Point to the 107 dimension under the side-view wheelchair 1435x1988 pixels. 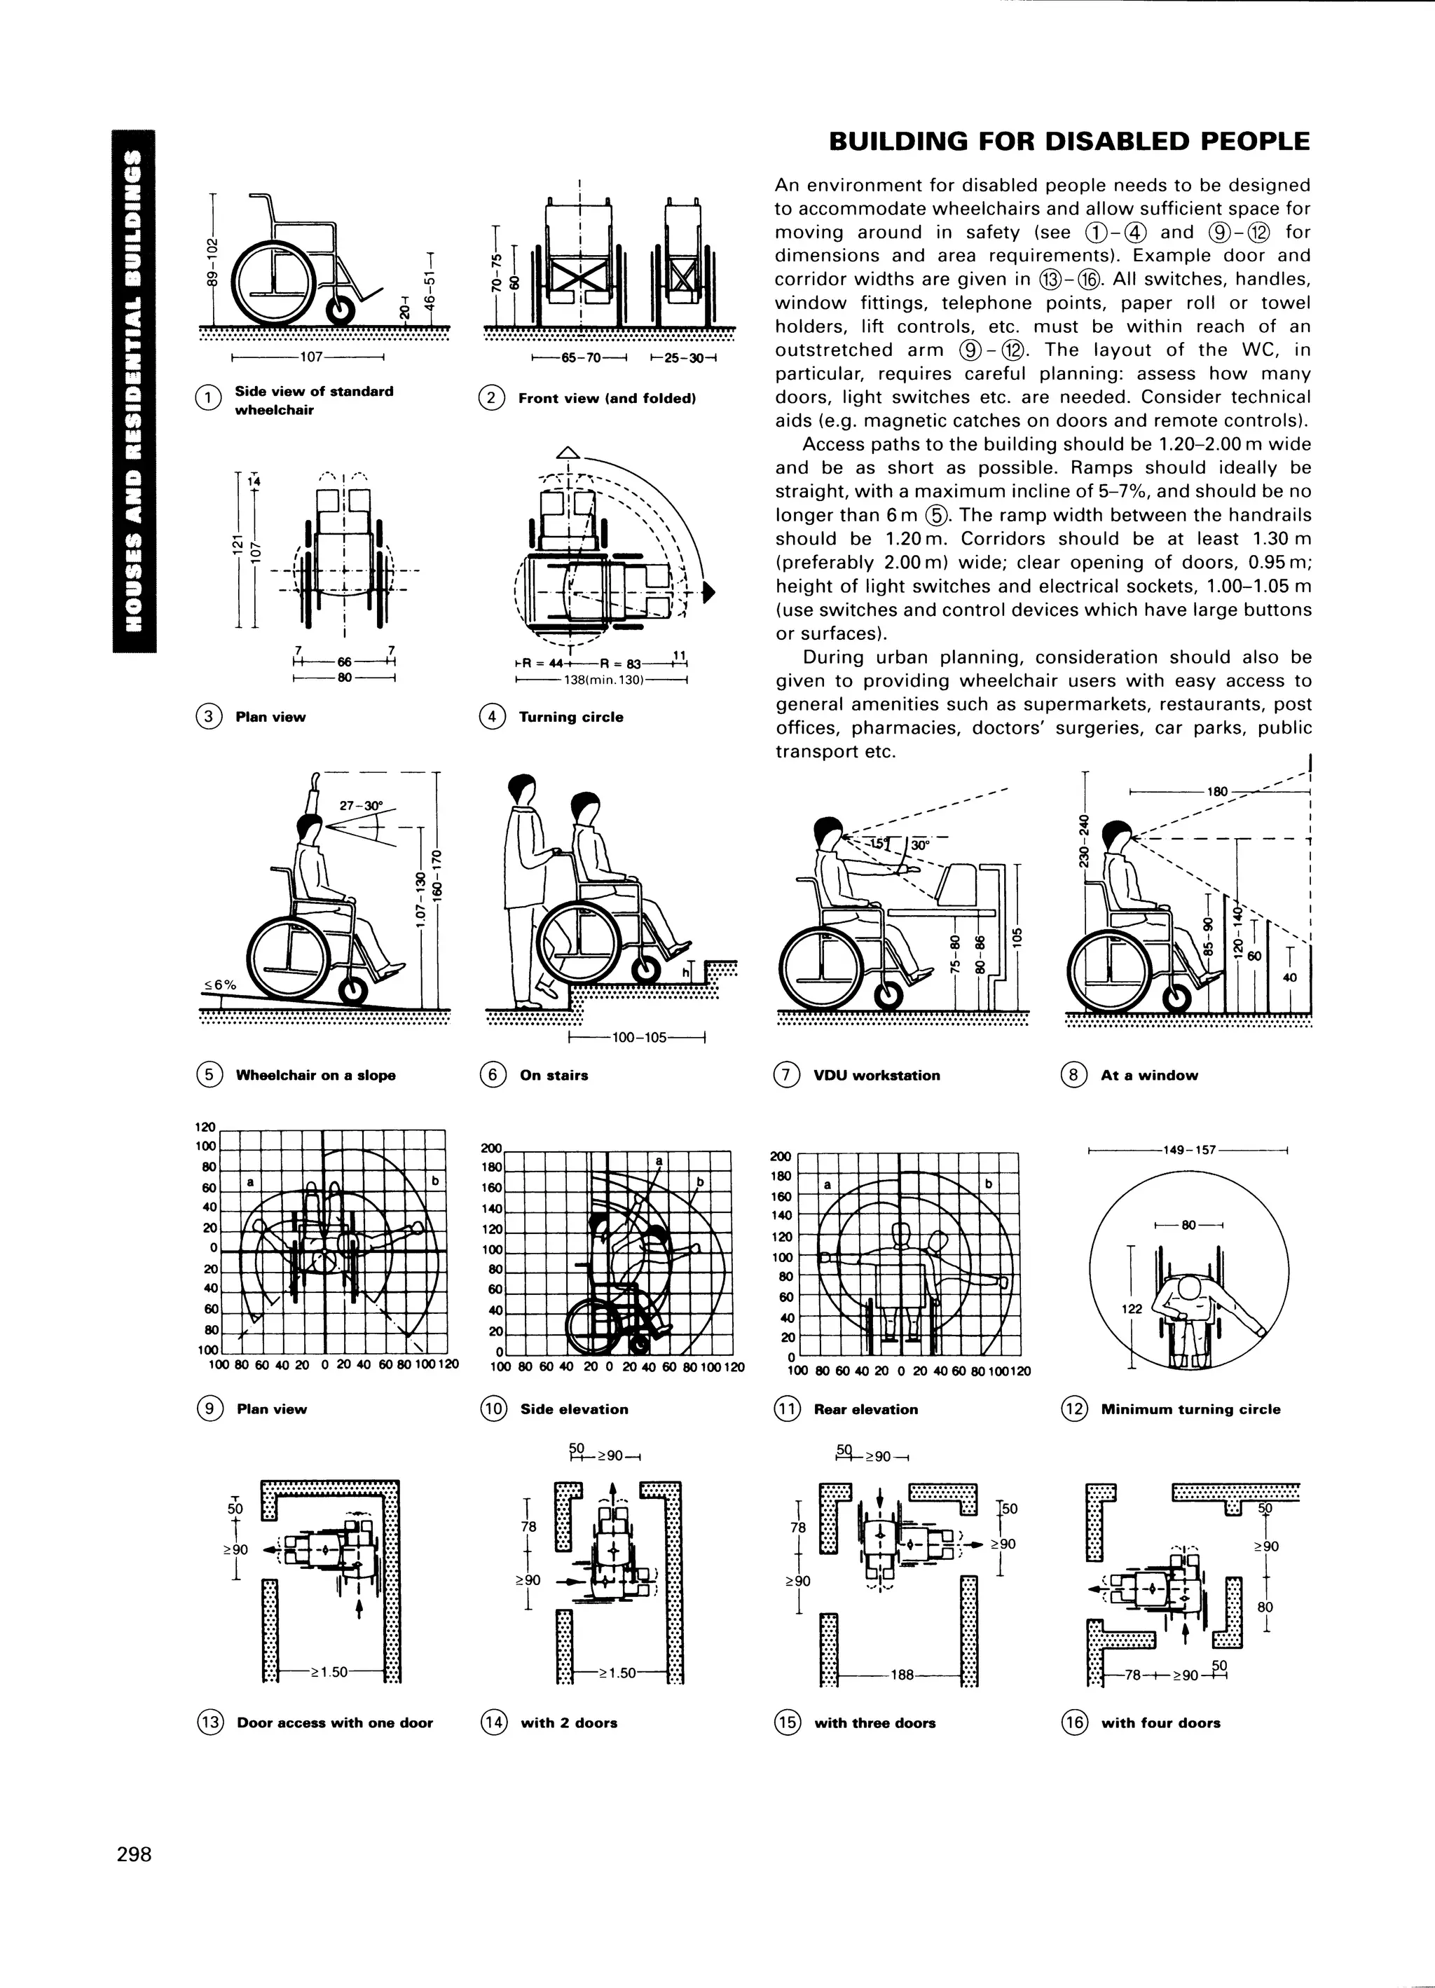coord(312,357)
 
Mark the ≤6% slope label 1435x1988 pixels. coord(220,985)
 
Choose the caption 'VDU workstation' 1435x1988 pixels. coord(877,1076)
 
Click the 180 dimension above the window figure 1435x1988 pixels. coord(1218,792)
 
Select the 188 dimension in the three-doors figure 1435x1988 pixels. coord(902,1675)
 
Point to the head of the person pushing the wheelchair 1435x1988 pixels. coord(523,789)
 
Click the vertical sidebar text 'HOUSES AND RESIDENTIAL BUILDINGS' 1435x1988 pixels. coord(134,390)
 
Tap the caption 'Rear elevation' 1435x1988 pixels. coord(865,1409)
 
